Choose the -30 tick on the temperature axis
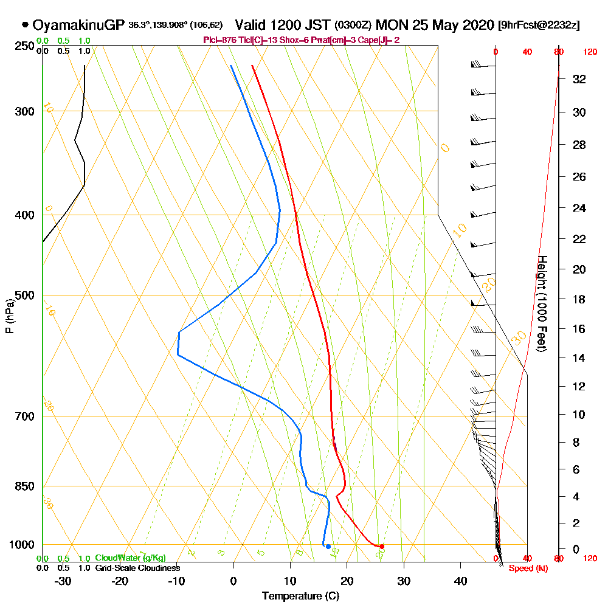[63, 581]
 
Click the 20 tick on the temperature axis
[347, 581]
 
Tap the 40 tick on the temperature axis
[460, 581]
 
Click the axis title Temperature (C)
[300, 596]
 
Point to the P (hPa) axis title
[9, 316]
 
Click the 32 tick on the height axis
[580, 79]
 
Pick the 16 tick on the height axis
[580, 329]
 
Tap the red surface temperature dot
[382, 547]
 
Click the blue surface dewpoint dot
[328, 547]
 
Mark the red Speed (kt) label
[524, 568]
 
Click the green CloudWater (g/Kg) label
[130, 558]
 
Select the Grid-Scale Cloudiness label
[137, 568]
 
